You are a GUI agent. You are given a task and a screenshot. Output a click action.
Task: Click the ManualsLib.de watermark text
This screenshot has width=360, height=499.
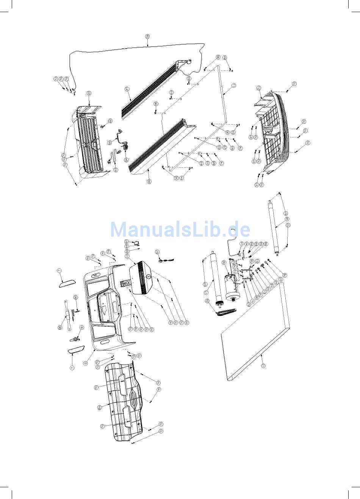[180, 229]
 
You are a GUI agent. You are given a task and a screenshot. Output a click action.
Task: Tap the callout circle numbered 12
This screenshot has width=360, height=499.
[263, 366]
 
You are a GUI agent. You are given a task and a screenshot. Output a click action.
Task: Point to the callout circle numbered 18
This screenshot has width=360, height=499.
[287, 218]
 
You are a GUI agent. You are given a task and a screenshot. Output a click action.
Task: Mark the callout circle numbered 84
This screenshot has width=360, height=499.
[99, 407]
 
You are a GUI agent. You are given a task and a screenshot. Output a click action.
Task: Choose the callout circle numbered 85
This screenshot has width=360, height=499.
[59, 327]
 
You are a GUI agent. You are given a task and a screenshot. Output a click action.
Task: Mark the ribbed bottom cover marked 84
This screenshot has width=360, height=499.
[125, 401]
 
